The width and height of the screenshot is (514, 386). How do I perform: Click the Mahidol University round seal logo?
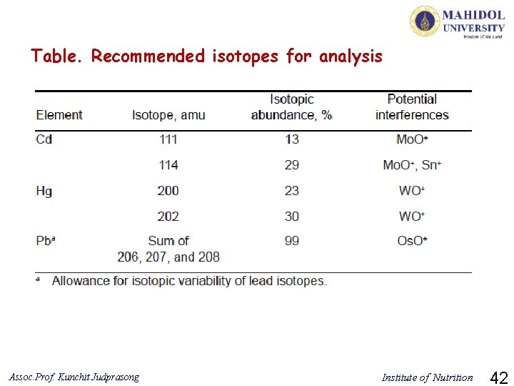tap(424, 21)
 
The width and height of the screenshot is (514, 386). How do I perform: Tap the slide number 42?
tap(500, 376)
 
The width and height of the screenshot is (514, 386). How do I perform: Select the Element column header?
tap(59, 115)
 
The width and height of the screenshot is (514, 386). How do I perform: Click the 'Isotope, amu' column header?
tap(168, 115)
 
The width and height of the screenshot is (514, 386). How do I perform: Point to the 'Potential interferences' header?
tap(412, 107)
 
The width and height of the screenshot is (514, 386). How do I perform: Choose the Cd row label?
tap(44, 139)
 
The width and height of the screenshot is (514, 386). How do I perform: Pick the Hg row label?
tap(44, 191)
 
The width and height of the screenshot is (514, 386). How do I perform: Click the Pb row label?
tap(45, 241)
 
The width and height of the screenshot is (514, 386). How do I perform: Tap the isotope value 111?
tap(168, 139)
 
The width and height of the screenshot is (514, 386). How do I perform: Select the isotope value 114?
tap(168, 165)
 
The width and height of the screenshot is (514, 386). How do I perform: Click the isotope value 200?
tap(168, 191)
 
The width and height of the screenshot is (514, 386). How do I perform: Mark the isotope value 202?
tap(168, 216)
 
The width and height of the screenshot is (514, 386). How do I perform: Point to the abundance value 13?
tap(292, 139)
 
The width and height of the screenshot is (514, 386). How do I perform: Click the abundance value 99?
tap(292, 241)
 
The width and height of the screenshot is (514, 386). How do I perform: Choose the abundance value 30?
tap(292, 216)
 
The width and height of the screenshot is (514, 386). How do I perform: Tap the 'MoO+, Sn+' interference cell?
tap(412, 165)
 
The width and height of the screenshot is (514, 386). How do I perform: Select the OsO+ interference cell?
tap(412, 241)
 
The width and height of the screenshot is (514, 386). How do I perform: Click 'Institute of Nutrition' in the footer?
tap(427, 377)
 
